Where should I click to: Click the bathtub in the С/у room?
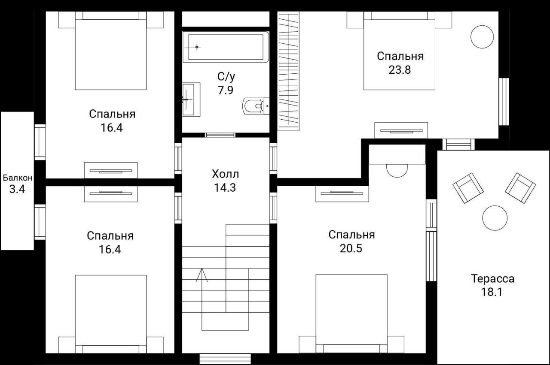point(226,47)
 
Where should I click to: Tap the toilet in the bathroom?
point(256,106)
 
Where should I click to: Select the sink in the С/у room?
point(191,99)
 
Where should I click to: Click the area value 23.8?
point(400,70)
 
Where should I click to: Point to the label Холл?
point(226,174)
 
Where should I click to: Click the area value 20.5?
point(351,248)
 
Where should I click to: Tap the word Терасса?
point(492,279)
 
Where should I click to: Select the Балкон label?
point(18,178)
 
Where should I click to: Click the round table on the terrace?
point(495,218)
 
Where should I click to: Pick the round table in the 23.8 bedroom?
point(482,37)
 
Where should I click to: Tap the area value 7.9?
point(226,90)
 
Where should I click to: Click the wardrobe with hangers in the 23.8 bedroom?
point(288,71)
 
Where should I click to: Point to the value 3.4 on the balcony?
point(17,189)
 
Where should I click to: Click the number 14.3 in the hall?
point(225,187)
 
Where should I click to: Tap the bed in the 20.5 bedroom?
point(351,314)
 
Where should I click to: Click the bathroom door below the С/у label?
point(220,135)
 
